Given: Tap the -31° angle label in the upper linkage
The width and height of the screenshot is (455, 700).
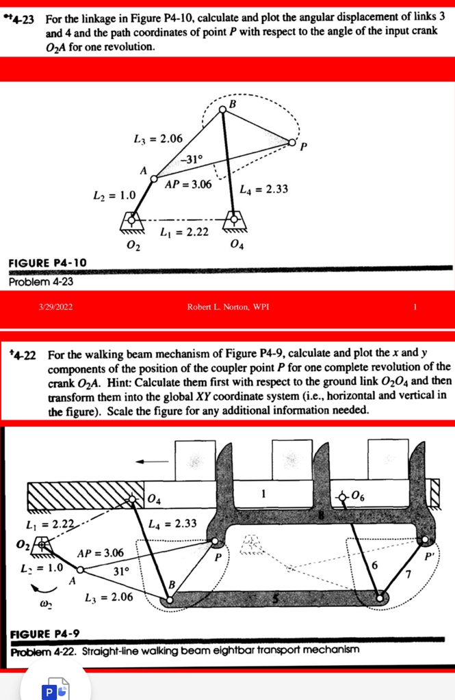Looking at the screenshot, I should (192, 159).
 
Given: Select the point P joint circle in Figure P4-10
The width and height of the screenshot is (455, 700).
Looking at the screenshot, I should (293, 143).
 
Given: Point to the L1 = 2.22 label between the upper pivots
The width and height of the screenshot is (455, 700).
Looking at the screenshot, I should (183, 233).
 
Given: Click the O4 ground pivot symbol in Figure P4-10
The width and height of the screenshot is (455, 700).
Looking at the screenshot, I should (235, 220).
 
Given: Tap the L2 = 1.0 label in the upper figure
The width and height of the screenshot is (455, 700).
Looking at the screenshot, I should (115, 196).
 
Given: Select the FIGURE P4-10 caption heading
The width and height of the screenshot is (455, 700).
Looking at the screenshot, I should (47, 263).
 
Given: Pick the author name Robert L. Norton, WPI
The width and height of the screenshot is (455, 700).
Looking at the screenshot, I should (227, 306).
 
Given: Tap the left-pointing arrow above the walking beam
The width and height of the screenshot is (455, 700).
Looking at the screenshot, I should (151, 461).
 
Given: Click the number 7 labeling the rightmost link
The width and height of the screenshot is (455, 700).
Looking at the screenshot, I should (408, 573).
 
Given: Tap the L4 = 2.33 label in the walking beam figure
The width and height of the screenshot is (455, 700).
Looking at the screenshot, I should (174, 524).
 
